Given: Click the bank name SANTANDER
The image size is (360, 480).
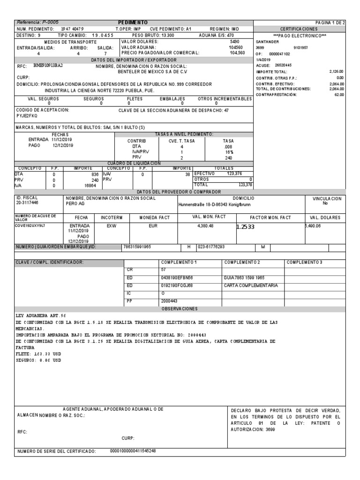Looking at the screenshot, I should [267, 41].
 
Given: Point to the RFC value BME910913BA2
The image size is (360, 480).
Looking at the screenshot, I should [47, 66].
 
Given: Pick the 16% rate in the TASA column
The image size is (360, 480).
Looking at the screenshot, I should [229, 152].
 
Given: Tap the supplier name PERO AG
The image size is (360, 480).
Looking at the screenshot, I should [75, 204].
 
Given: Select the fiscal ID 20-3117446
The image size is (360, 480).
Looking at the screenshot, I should [27, 203].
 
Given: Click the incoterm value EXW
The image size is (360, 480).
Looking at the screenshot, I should [111, 225].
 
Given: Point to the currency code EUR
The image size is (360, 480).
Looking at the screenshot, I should [153, 225].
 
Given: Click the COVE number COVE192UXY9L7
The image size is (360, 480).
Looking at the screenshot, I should [31, 225].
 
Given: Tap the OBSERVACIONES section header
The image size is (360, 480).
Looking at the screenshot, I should [180, 309].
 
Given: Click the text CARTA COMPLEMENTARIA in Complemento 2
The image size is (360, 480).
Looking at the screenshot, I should [251, 285].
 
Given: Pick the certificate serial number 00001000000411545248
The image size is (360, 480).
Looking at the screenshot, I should [133, 451].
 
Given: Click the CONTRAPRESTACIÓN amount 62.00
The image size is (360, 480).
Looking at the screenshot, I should [339, 95].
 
